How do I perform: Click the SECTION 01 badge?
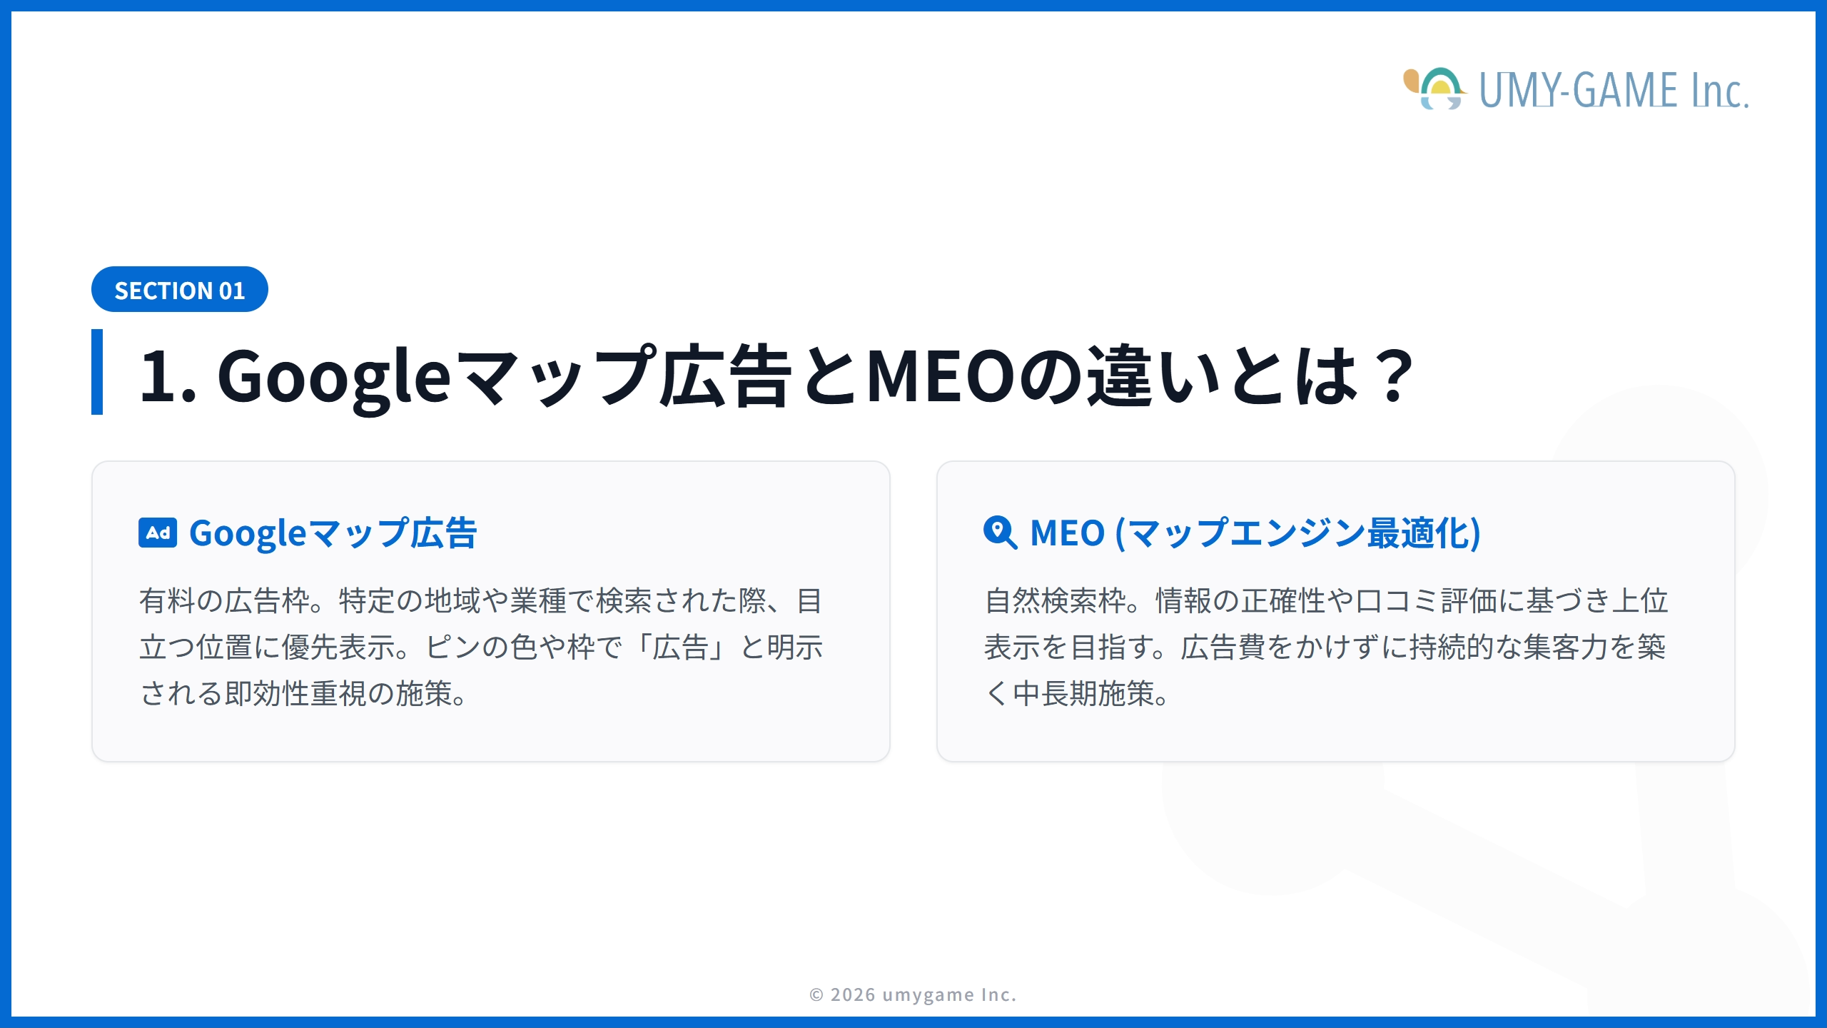(x=179, y=290)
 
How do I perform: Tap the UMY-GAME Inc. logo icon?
(x=1434, y=89)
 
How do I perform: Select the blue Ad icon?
(x=158, y=533)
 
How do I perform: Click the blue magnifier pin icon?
(x=999, y=533)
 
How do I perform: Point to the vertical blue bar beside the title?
(x=97, y=371)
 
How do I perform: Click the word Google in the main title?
(x=333, y=376)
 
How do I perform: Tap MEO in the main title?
(x=941, y=376)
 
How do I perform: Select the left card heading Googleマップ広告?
(x=333, y=533)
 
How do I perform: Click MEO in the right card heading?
(x=1068, y=533)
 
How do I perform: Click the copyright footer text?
(x=913, y=994)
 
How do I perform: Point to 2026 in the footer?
(x=853, y=994)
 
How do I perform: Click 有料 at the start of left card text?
(x=167, y=601)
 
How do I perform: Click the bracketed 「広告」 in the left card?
(x=680, y=647)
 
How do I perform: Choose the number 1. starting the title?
(x=167, y=376)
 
